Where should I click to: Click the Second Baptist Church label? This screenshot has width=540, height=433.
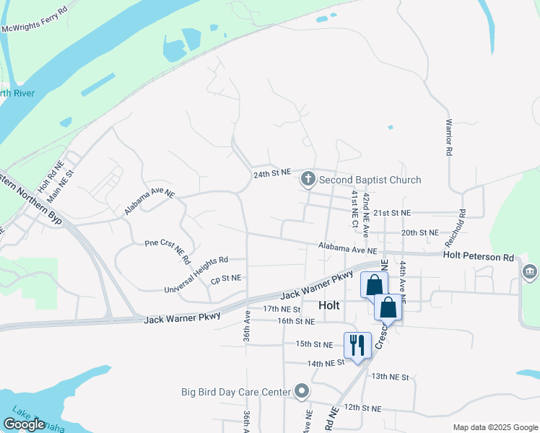click(370, 180)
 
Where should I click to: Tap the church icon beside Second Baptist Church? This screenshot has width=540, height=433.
click(308, 178)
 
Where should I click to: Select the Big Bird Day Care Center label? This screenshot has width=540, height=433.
click(236, 393)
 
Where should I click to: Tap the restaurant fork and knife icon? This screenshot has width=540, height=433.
click(357, 345)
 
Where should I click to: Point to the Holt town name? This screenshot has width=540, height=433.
click(328, 305)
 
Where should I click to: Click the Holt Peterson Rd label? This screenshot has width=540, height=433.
click(478, 256)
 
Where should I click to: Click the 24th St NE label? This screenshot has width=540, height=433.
click(271, 174)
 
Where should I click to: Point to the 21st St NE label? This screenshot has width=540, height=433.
click(392, 214)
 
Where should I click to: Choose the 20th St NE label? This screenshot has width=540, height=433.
click(419, 232)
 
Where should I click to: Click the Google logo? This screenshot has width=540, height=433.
click(24, 424)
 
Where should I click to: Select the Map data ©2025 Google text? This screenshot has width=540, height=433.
click(495, 427)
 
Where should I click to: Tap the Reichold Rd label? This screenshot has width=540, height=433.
click(461, 224)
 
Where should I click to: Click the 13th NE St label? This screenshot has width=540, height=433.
click(390, 377)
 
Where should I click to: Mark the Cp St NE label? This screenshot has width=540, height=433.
click(225, 277)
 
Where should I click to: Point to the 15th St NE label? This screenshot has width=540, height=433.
click(314, 344)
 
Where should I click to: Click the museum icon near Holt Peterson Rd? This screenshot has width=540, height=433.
click(530, 272)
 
